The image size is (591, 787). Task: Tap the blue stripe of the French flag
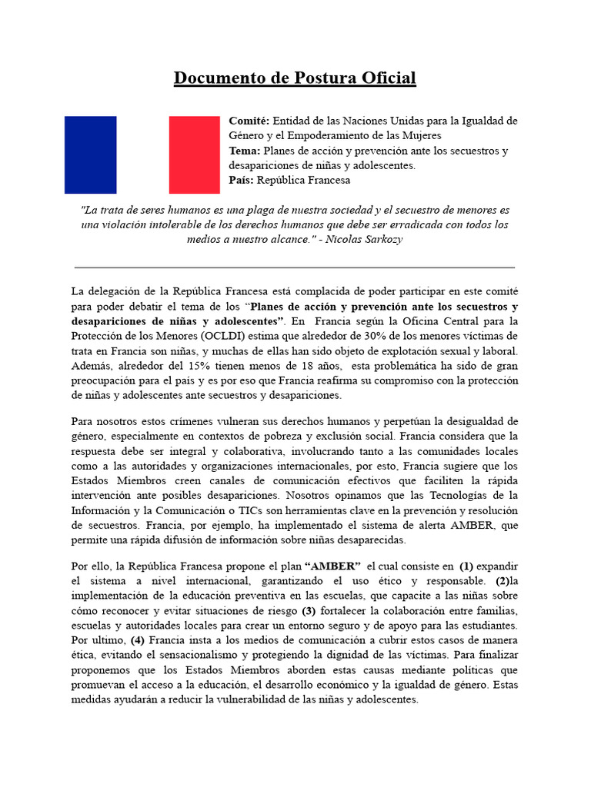(90, 154)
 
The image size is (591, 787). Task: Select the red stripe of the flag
(194, 154)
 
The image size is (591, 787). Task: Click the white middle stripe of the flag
(142, 154)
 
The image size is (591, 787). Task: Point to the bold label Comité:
(249, 121)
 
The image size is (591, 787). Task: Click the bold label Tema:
(245, 151)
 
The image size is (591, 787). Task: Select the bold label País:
(243, 180)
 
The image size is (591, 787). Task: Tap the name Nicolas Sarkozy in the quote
(369, 239)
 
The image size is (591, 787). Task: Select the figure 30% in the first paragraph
(394, 336)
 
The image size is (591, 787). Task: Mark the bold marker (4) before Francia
(138, 639)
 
